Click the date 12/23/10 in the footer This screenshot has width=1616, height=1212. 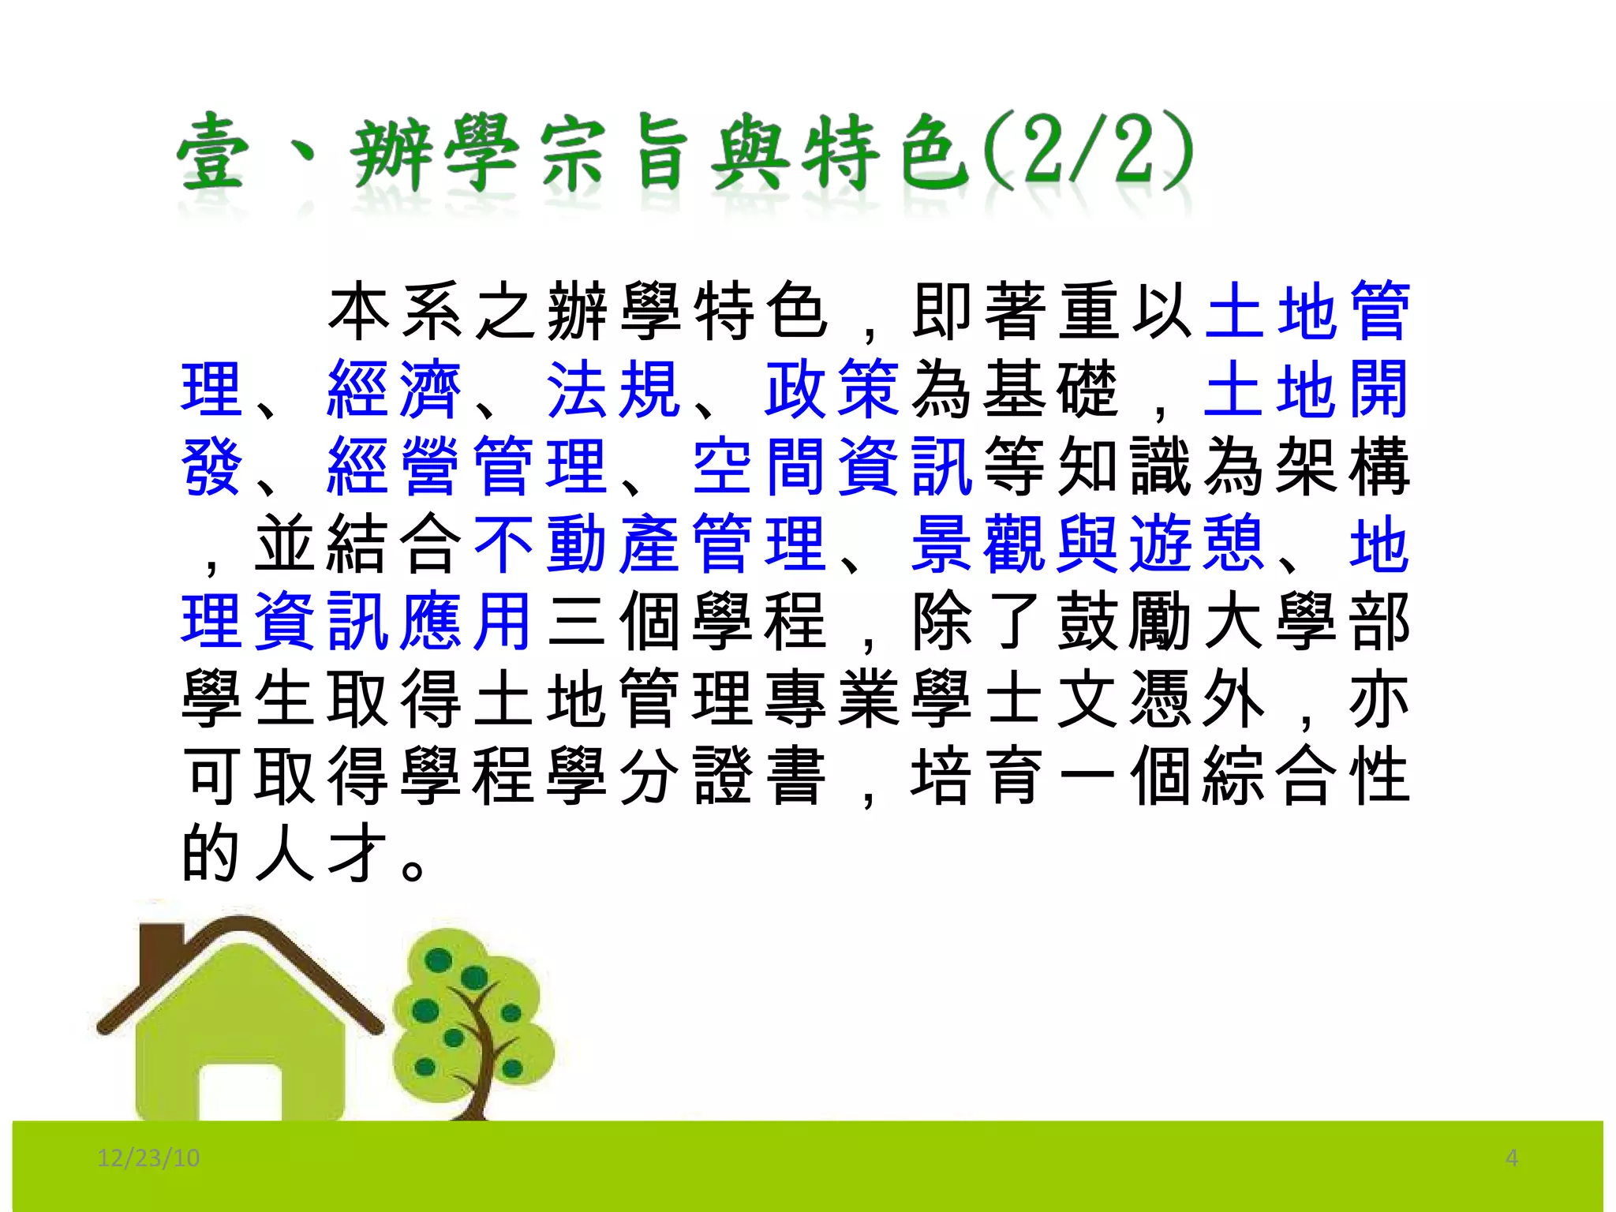point(148,1158)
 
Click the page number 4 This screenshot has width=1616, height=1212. point(1511,1158)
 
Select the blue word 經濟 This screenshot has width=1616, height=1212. point(395,389)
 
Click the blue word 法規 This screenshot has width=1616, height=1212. point(613,389)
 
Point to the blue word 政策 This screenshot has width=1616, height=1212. point(832,389)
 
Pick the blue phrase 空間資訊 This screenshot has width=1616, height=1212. point(832,466)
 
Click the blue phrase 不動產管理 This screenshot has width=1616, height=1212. point(649,544)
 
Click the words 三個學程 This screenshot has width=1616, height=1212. point(686,621)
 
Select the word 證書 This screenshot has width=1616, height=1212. point(759,776)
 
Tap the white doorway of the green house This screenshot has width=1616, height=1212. point(240,1093)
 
